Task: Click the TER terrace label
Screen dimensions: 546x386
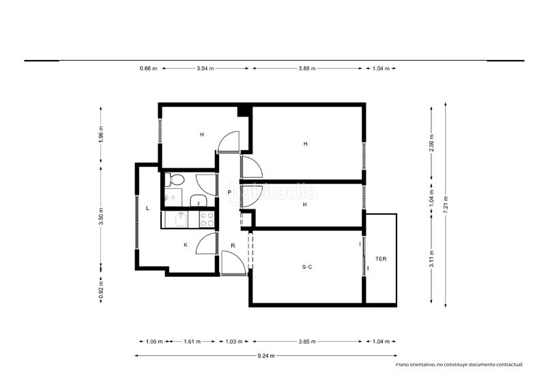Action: coord(381,259)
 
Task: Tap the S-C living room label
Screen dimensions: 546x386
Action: coord(306,267)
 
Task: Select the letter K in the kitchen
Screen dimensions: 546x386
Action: coord(186,245)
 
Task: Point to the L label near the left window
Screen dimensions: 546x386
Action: coord(147,208)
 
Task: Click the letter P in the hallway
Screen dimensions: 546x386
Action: coord(229,192)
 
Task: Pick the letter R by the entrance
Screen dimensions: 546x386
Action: coord(233,246)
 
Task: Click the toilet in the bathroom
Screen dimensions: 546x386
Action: coord(175,180)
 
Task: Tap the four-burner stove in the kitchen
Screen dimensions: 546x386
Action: coord(207,220)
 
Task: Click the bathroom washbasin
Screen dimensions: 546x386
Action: coord(199,200)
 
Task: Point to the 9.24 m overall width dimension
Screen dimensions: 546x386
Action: coord(266,356)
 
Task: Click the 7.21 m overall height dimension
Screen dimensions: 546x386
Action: coord(446,205)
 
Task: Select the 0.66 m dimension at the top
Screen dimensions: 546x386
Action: coord(148,69)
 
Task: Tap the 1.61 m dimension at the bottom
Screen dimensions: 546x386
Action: coord(192,342)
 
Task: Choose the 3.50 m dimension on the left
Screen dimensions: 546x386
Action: coord(101,216)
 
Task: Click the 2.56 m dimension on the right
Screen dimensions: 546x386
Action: coord(432,143)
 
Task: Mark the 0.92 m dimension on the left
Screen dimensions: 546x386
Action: coord(101,291)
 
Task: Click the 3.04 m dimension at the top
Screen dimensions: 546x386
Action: coord(205,69)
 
